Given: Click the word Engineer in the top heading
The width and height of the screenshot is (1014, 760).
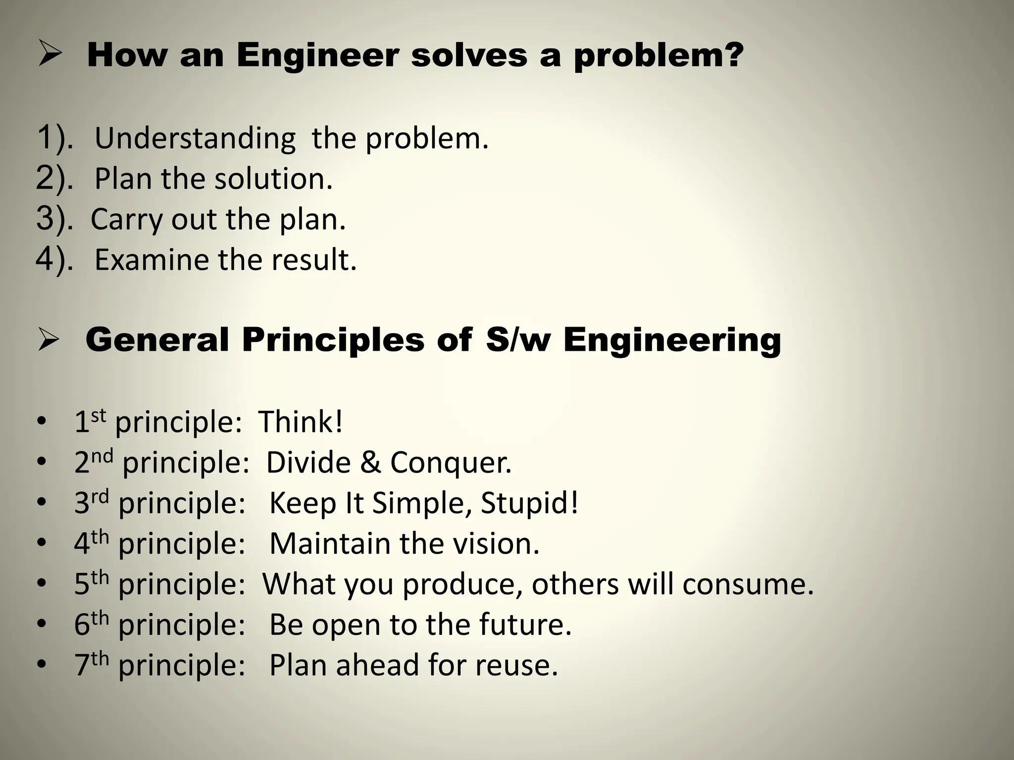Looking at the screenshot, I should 317,55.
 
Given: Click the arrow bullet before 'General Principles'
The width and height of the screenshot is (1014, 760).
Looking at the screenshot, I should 50,341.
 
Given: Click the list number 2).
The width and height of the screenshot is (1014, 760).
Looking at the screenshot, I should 53,179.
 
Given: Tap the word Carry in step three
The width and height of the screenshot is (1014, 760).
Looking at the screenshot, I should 126,219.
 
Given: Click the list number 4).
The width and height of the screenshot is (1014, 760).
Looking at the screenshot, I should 53,260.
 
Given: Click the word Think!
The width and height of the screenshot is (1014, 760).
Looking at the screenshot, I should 301,422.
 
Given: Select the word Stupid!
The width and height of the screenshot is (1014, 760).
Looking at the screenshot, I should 529,503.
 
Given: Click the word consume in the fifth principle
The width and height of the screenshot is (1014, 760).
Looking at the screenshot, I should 748,584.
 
